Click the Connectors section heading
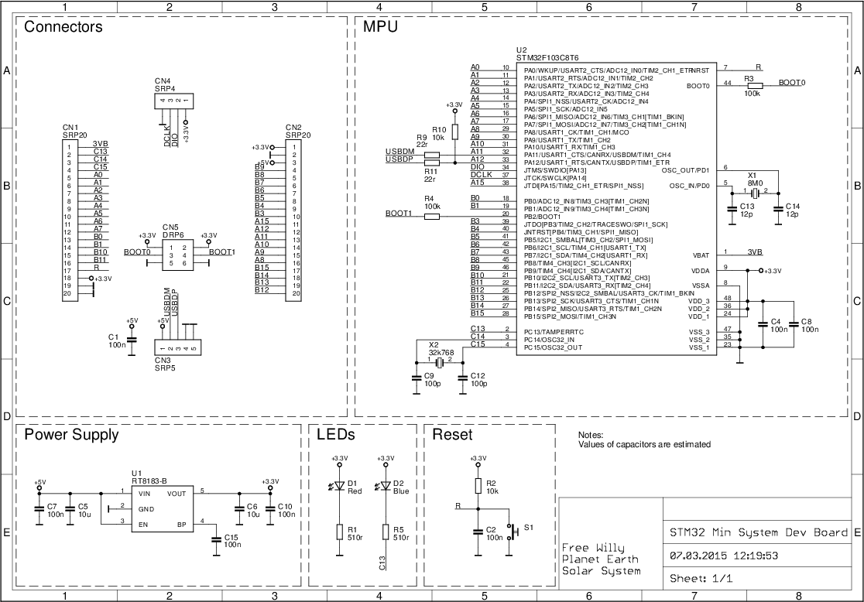[x=63, y=27]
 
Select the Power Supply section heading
[x=71, y=435]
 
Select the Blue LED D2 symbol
[x=386, y=487]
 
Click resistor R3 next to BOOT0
[x=754, y=86]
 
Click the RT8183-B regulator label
[x=149, y=481]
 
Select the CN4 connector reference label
[x=162, y=80]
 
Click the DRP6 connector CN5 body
[x=178, y=255]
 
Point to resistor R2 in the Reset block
[x=478, y=485]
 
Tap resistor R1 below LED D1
[x=339, y=532]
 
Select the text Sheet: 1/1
[x=701, y=578]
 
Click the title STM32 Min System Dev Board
[x=759, y=532]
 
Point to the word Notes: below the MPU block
[x=590, y=436]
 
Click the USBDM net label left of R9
[x=399, y=152]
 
